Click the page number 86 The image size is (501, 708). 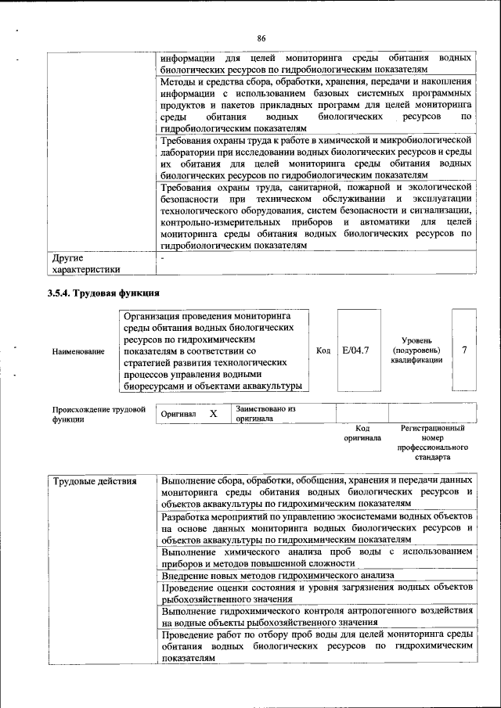point(261,38)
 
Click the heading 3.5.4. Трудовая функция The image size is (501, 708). point(104,294)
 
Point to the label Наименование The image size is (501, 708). point(78,351)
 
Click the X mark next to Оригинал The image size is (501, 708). point(212,413)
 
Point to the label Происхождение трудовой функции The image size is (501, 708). point(99,414)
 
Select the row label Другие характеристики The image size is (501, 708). point(85,263)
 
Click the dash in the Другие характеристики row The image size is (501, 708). point(162,257)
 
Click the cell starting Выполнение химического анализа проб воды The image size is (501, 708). point(316,558)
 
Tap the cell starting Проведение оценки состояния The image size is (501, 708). point(316,593)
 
